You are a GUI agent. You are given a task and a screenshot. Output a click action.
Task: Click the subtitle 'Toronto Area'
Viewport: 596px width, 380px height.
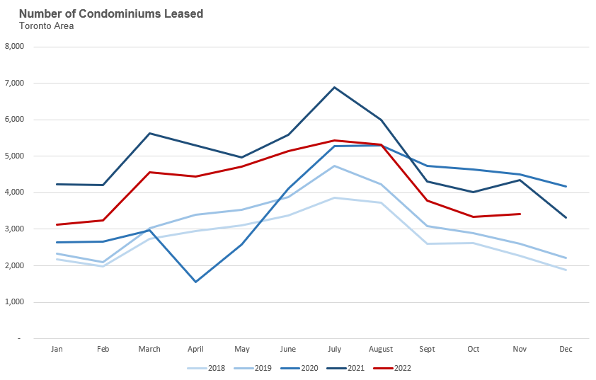[46, 26]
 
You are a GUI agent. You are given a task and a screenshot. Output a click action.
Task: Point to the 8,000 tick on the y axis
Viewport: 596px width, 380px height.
[14, 47]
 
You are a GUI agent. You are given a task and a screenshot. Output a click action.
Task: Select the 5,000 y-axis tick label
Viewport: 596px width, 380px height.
[14, 156]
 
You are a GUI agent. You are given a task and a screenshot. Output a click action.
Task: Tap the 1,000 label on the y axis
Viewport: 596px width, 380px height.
[14, 302]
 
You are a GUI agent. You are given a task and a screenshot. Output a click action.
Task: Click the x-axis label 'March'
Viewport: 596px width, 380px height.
[149, 349]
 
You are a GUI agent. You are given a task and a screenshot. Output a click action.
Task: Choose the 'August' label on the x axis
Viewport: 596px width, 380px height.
[382, 349]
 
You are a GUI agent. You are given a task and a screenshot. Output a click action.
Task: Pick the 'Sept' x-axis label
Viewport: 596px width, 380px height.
[428, 349]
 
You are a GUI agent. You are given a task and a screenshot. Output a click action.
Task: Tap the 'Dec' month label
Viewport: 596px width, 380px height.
[566, 349]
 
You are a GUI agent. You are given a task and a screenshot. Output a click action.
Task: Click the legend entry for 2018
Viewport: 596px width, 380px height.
[208, 368]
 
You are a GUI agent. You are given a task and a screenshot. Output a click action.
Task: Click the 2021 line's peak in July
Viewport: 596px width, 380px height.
[335, 87]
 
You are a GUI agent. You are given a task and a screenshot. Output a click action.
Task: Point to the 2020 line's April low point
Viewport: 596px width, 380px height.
[195, 282]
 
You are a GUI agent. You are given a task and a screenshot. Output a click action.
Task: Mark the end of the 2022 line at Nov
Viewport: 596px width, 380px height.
[520, 214]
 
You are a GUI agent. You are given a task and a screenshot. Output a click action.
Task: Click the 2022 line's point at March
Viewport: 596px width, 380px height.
[149, 172]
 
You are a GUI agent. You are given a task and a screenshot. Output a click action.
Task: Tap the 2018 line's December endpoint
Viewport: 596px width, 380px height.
[566, 270]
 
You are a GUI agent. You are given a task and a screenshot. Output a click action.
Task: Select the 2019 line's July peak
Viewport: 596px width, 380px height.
[335, 166]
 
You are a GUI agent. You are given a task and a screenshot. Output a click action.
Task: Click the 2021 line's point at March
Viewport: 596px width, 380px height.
[149, 133]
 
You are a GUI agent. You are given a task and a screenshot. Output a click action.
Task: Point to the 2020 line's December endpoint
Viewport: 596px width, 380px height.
[566, 186]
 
